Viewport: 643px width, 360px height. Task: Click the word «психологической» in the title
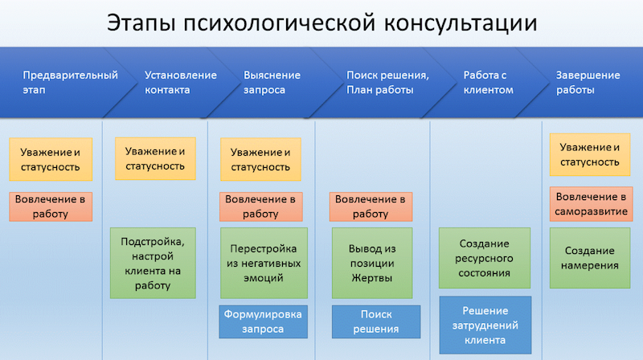click(x=279, y=23)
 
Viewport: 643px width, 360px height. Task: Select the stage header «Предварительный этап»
click(x=70, y=83)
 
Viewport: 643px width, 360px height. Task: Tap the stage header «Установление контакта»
click(x=180, y=83)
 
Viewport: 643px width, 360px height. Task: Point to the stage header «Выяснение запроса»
click(x=272, y=83)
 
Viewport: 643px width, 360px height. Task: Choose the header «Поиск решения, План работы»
click(x=387, y=83)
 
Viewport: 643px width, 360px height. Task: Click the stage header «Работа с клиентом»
click(x=488, y=83)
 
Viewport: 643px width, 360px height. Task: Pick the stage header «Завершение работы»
click(x=588, y=83)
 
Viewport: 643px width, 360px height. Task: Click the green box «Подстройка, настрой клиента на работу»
click(x=153, y=263)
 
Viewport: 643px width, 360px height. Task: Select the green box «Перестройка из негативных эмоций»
click(x=264, y=263)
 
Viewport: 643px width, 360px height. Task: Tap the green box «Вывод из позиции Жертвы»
click(x=372, y=263)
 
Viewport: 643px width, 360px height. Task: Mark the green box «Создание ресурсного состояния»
click(x=485, y=258)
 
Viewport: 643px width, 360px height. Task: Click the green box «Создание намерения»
click(x=590, y=258)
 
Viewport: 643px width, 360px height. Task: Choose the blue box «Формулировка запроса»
click(x=263, y=321)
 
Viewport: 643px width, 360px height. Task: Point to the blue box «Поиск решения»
click(x=376, y=321)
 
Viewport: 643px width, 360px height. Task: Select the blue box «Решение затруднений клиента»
click(x=485, y=325)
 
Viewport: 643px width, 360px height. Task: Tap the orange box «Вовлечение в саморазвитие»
click(x=591, y=204)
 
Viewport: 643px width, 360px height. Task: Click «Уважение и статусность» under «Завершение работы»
click(x=590, y=154)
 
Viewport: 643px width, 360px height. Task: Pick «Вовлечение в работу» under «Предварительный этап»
click(x=51, y=207)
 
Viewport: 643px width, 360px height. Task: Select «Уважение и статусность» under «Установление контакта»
click(x=155, y=158)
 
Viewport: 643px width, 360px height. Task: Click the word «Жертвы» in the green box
click(x=372, y=278)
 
